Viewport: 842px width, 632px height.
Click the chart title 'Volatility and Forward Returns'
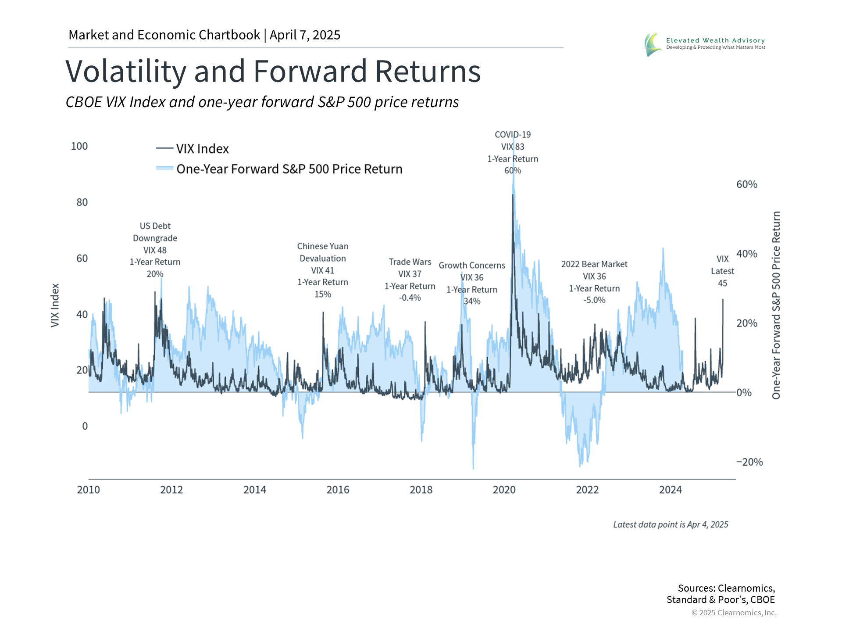tap(273, 72)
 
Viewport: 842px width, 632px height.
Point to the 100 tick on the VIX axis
tap(79, 146)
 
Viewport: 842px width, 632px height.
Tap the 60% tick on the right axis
tap(746, 184)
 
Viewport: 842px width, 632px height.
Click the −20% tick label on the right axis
tap(749, 462)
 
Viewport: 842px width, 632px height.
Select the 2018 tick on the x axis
tap(421, 490)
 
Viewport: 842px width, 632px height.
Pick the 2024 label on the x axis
tap(670, 490)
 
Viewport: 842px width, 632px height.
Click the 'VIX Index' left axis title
tap(55, 305)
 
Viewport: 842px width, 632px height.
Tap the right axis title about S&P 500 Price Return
tap(776, 305)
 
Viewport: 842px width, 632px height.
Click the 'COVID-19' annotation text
tap(513, 135)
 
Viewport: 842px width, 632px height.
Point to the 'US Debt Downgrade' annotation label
tap(155, 232)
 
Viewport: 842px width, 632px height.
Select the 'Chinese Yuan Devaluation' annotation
tap(323, 252)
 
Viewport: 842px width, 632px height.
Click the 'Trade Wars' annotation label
tap(410, 262)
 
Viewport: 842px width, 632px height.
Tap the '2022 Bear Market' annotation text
tap(594, 264)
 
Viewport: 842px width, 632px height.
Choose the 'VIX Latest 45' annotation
tap(722, 271)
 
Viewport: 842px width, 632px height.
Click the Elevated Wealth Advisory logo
tap(705, 44)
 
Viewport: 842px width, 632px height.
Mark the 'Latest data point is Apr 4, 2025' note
tap(671, 524)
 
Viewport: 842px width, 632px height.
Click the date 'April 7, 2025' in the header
tap(305, 35)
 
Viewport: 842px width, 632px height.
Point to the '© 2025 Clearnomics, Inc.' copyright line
tap(734, 613)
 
